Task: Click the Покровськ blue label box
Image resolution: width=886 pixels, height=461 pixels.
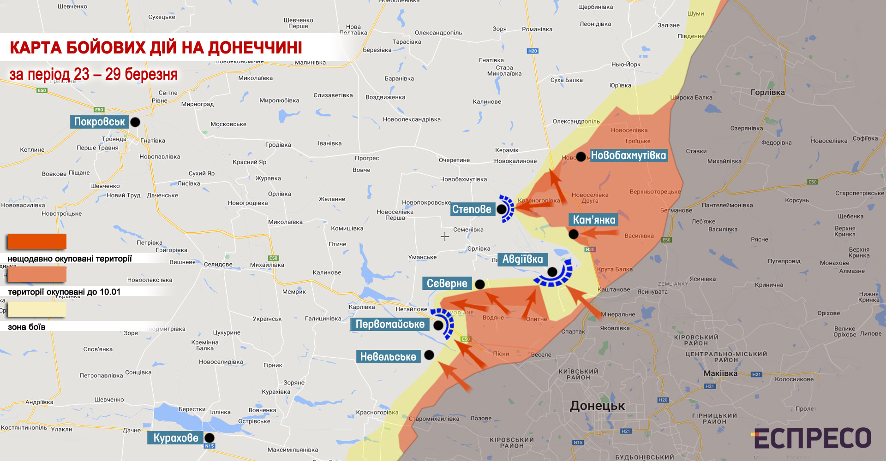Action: [x=99, y=122]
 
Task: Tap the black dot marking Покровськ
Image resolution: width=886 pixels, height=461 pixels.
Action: [x=135, y=122]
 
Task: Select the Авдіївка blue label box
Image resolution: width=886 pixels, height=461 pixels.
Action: [x=522, y=259]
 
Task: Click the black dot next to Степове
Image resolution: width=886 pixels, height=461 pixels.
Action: [x=502, y=209]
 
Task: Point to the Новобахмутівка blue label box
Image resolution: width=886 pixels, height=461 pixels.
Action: [x=628, y=155]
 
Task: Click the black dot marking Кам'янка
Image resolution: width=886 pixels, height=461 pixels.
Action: [x=574, y=234]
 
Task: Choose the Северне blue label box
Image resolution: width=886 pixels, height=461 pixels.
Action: [x=447, y=284]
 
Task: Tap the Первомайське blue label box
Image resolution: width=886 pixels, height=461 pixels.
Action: [x=390, y=324]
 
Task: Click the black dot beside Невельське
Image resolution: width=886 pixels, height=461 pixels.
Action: [x=429, y=355]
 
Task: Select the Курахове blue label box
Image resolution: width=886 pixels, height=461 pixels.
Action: [x=175, y=438]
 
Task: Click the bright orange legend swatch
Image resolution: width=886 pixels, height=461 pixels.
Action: [x=37, y=241]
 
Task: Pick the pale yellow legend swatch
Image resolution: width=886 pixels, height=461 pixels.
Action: [x=37, y=309]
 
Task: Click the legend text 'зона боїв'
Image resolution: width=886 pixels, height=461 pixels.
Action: [x=26, y=327]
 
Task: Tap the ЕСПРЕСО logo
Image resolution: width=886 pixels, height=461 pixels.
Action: [x=812, y=438]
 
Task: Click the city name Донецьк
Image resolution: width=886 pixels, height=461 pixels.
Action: [x=597, y=406]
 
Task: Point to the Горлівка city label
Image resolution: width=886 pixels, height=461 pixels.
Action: [x=767, y=92]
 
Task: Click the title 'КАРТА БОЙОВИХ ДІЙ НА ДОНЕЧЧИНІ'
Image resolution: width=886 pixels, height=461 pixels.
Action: [x=156, y=47]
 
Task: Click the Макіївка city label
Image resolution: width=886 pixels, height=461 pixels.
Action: [x=720, y=373]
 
